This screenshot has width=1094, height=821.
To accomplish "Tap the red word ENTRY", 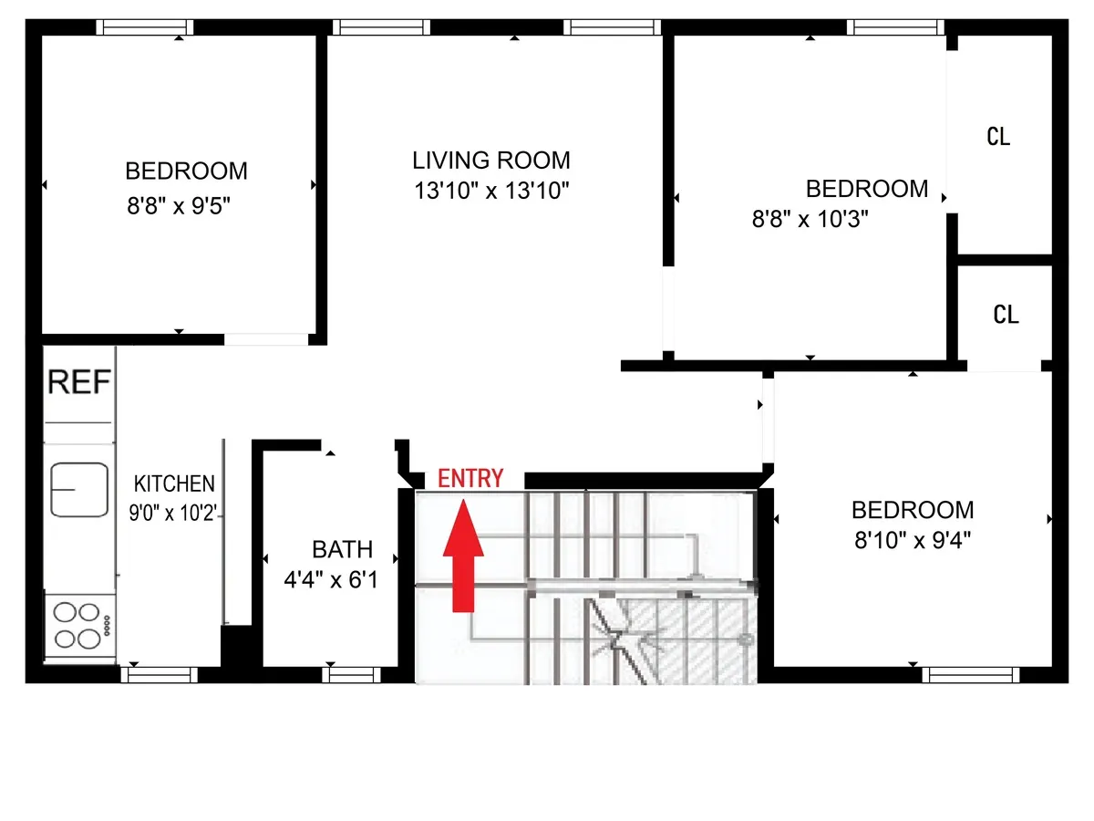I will (470, 479).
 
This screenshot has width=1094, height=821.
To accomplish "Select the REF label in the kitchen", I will (79, 382).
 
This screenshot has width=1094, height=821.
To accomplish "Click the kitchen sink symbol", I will (79, 490).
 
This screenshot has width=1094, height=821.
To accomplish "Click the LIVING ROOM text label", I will (491, 161).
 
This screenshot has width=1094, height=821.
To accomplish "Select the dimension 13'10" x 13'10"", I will (491, 192).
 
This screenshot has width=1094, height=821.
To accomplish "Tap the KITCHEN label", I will (174, 483).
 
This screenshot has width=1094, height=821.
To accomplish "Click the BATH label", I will (343, 549).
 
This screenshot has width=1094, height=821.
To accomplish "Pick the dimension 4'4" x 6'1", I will (332, 579).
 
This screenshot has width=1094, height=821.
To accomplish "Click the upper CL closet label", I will (998, 137).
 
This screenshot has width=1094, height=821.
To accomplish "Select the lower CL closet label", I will (1006, 315).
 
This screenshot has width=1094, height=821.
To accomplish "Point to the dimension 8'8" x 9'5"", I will (178, 206).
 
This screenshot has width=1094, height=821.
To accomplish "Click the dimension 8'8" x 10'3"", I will (810, 219).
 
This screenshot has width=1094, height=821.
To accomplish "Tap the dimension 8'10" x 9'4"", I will (912, 539).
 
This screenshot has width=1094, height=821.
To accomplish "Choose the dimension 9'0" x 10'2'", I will (173, 512).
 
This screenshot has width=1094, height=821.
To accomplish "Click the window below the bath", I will (351, 675).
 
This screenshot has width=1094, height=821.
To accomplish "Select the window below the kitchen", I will (159, 675).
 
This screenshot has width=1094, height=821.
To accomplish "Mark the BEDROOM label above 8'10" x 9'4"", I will (913, 510).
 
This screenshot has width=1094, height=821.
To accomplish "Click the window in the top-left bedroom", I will (145, 27).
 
